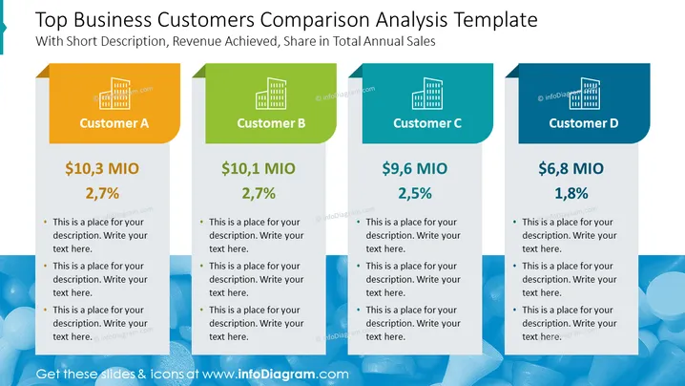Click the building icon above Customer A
pyautogui.click(x=114, y=94)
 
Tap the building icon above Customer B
pyautogui.click(x=271, y=94)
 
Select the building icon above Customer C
pyautogui.click(x=427, y=94)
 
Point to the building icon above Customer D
pyautogui.click(x=584, y=94)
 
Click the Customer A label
pyautogui.click(x=114, y=123)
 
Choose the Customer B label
pyautogui.click(x=271, y=123)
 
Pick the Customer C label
pyautogui.click(x=427, y=123)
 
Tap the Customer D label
pyautogui.click(x=584, y=123)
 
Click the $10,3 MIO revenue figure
pyautogui.click(x=102, y=168)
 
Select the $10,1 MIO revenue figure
pyautogui.click(x=259, y=168)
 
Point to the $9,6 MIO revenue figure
pyautogui.click(x=415, y=168)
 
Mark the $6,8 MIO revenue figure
pyautogui.click(x=571, y=168)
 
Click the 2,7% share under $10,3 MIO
pyautogui.click(x=102, y=193)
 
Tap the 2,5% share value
pyautogui.click(x=415, y=193)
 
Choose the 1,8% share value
pyautogui.click(x=571, y=193)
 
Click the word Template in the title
pyautogui.click(x=496, y=20)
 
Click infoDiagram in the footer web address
pyautogui.click(x=277, y=375)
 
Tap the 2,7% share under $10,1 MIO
pyautogui.click(x=259, y=193)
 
